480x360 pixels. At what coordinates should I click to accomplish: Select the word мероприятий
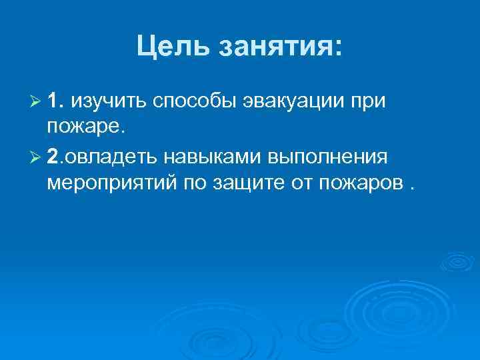(x=109, y=183)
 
